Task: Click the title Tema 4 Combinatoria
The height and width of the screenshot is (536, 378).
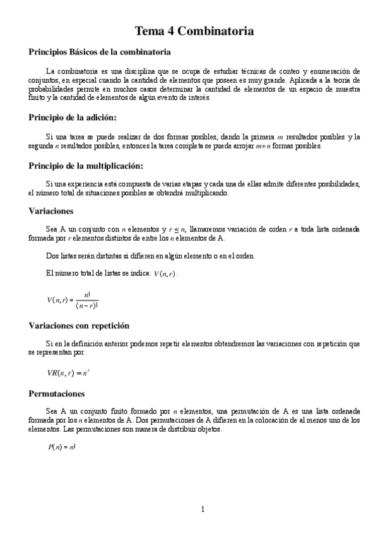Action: coord(195,30)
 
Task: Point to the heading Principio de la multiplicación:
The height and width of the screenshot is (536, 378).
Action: coord(86,166)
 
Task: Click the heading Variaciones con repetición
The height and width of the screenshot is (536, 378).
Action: coord(79,326)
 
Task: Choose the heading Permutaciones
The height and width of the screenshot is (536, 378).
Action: coord(61,393)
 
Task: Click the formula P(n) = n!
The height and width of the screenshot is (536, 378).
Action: coord(62,447)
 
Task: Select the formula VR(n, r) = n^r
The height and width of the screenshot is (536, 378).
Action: coord(68,374)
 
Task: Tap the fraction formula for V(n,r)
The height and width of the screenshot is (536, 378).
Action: coord(73,299)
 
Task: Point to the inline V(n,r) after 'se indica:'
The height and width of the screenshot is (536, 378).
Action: coord(166,274)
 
